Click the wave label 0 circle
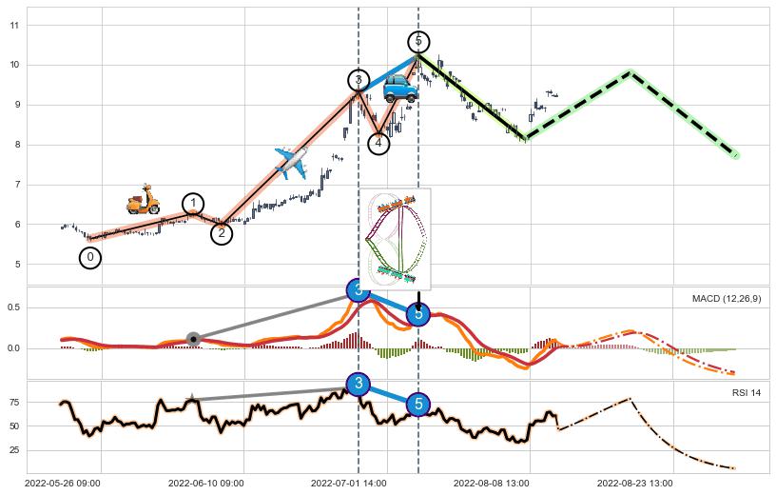pos(89,257)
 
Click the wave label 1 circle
pos(193,204)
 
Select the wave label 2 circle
pos(222,233)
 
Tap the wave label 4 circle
pos(378,144)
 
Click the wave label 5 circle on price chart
pos(418,42)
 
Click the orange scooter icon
pos(144,200)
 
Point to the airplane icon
pos(292,163)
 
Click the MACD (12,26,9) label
pos(726,299)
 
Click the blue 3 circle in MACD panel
pos(358,290)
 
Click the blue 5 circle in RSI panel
pos(418,405)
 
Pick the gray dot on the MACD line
pos(193,339)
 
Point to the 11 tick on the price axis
pos(14,25)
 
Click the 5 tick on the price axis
pos(14,265)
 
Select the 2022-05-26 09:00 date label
pos(64,484)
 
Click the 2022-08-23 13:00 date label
pos(634,484)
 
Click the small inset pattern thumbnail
pos(395,239)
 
